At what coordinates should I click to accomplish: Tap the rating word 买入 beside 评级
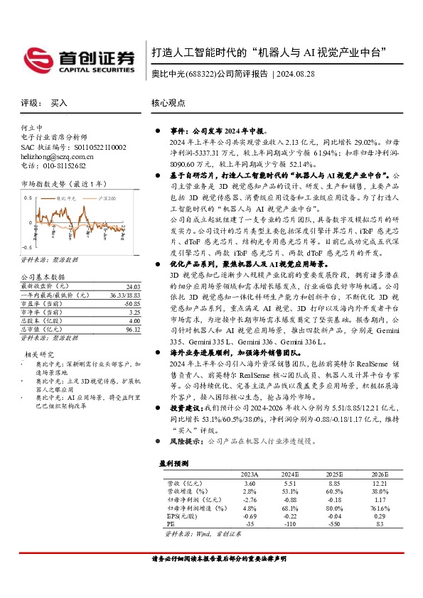click(x=59, y=103)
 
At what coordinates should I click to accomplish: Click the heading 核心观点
click(x=168, y=103)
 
